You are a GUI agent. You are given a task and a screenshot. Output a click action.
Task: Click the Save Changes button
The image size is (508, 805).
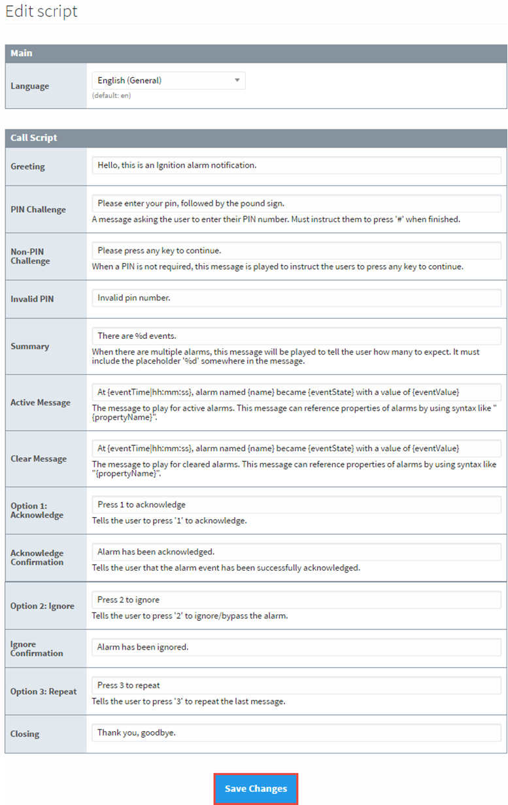pyautogui.click(x=256, y=789)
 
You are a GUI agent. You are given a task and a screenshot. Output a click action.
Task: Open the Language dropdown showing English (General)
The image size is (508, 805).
pyautogui.click(x=168, y=80)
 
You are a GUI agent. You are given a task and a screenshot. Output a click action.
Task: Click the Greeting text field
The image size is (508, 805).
pyautogui.click(x=296, y=165)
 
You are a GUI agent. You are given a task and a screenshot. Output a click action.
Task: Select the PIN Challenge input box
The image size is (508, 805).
pyautogui.click(x=296, y=203)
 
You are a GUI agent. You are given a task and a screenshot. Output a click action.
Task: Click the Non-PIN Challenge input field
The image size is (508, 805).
pyautogui.click(x=296, y=251)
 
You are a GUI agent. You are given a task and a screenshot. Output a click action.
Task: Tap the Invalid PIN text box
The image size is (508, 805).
pyautogui.click(x=296, y=298)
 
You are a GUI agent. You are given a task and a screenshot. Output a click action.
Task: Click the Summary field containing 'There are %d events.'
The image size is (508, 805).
pyautogui.click(x=296, y=336)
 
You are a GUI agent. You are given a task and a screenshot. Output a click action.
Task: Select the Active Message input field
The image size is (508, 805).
pyautogui.click(x=296, y=392)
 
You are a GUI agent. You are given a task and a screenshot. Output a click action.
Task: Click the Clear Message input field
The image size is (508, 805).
pyautogui.click(x=296, y=448)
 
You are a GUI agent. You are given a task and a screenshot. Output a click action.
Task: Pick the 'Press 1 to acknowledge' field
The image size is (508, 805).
pyautogui.click(x=296, y=504)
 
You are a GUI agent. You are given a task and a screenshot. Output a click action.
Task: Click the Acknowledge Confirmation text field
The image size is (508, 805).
pyautogui.click(x=296, y=552)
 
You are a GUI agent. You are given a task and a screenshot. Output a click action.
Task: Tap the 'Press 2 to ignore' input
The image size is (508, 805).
pyautogui.click(x=296, y=599)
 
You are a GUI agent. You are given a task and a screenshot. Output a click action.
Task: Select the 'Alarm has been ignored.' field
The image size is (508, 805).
pyautogui.click(x=296, y=647)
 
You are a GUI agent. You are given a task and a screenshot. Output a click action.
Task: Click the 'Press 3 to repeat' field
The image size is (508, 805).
pyautogui.click(x=296, y=685)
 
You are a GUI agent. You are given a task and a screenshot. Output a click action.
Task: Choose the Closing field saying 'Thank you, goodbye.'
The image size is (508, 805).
pyautogui.click(x=296, y=733)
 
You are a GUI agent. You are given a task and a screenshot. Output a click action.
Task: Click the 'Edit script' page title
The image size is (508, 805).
pyautogui.click(x=41, y=11)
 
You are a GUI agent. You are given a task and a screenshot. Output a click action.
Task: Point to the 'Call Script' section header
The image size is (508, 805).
pyautogui.click(x=34, y=138)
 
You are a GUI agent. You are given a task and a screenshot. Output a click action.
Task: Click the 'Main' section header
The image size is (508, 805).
pyautogui.click(x=22, y=53)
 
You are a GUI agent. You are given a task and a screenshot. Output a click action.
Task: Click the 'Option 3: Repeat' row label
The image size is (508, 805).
pyautogui.click(x=44, y=691)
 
